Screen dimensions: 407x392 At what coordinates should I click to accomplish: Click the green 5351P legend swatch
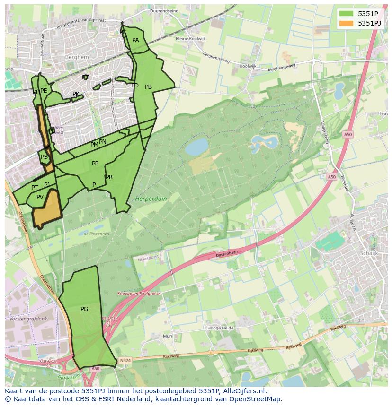[346, 13]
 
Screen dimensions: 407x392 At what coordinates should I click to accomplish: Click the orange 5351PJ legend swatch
[346, 23]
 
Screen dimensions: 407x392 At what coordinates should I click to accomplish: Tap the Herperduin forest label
[151, 199]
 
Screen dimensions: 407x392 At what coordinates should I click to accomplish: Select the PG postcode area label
[84, 309]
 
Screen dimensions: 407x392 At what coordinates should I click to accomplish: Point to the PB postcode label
[148, 87]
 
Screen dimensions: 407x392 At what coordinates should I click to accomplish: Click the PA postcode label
[135, 40]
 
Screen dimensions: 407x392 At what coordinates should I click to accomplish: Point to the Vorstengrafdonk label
[28, 319]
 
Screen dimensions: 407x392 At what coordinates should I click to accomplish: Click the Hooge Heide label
[220, 328]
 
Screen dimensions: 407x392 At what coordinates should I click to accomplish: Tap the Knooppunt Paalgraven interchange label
[139, 294]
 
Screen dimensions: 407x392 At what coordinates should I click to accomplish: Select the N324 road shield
[125, 360]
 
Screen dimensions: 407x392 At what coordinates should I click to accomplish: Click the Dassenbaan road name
[226, 254]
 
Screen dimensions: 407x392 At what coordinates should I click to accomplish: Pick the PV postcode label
[40, 197]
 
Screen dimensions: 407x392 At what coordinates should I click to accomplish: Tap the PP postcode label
[95, 164]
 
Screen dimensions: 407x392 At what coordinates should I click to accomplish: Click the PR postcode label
[109, 177]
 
